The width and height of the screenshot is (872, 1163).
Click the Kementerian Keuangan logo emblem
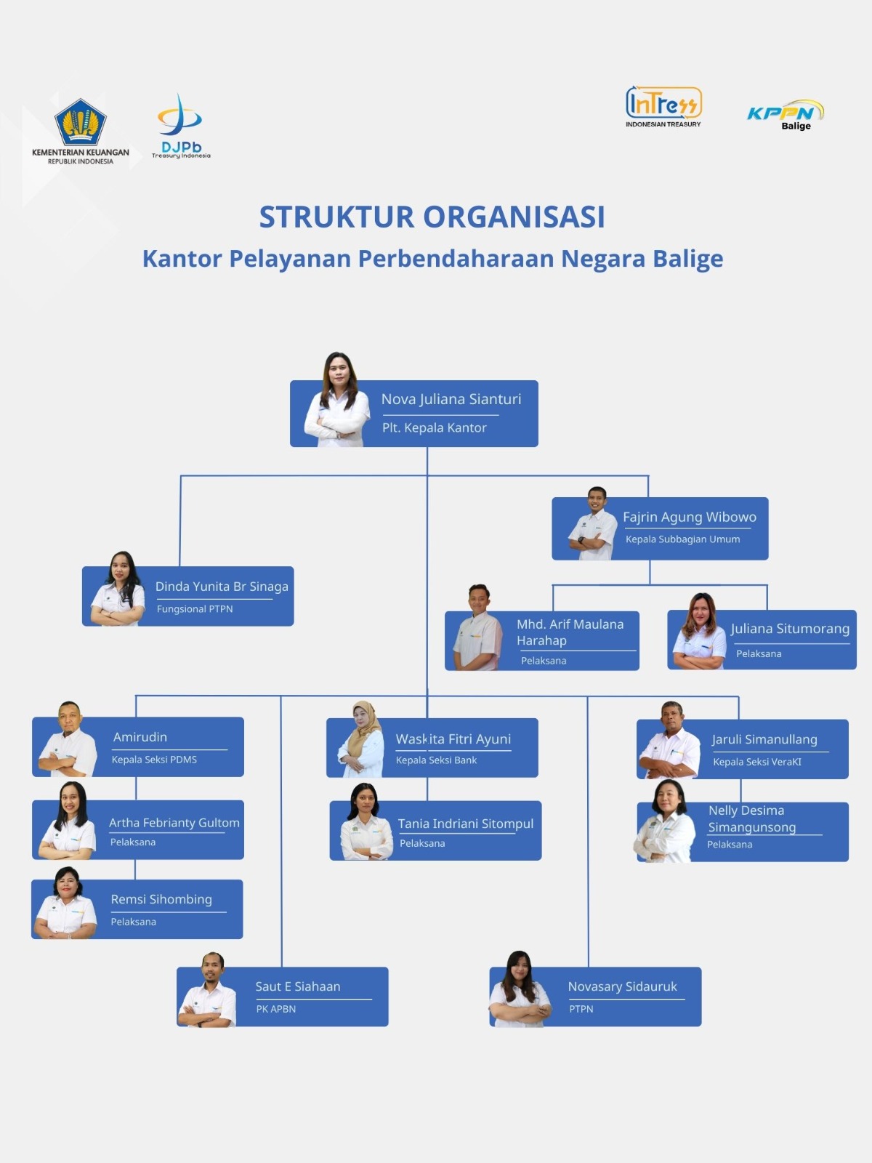point(81,120)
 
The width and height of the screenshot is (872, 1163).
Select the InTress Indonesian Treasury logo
point(663,106)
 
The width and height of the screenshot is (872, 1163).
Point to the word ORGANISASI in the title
point(514,217)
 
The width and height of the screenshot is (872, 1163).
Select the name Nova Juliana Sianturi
point(451,399)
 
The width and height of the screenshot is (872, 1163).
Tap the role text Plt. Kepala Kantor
point(435,428)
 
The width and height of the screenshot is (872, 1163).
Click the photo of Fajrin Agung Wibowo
point(594,524)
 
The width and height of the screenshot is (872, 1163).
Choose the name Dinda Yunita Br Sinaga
point(222,587)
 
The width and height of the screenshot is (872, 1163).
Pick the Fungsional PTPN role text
point(195,609)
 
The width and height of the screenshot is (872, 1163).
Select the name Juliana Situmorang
point(790,629)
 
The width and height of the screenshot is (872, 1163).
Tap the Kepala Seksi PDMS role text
point(154,760)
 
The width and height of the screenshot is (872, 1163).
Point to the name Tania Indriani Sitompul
point(466,824)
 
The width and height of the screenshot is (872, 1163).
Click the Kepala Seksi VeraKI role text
point(757,762)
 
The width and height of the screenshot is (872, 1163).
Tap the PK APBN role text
point(276,1009)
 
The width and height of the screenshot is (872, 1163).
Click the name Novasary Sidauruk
point(622,986)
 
